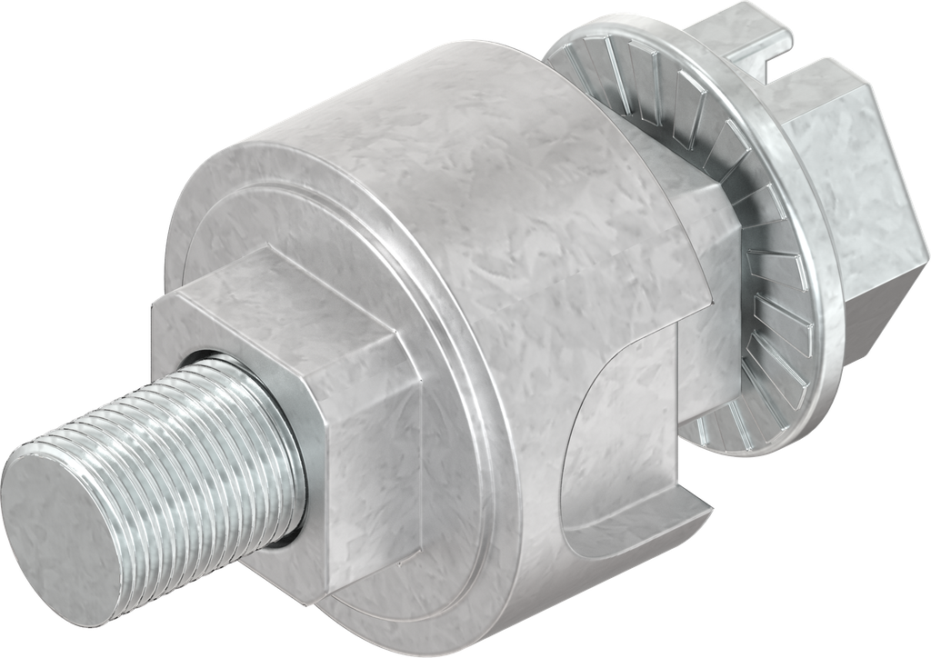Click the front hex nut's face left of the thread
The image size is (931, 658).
coord(182,345)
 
